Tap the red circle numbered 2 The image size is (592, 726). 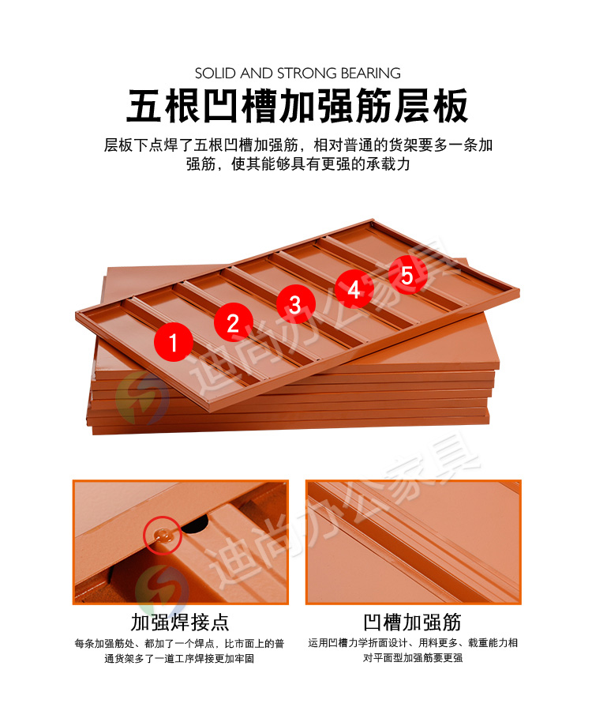(x=234, y=322)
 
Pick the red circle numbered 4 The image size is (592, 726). (x=354, y=290)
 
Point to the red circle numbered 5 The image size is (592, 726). (x=407, y=275)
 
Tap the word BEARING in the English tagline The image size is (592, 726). (x=371, y=73)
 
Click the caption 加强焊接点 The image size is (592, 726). (x=180, y=621)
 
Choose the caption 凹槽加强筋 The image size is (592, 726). (x=413, y=621)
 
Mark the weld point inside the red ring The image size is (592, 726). (x=163, y=536)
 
